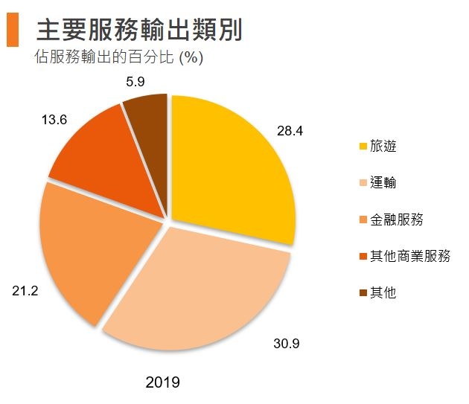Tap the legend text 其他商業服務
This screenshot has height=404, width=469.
[x=410, y=256]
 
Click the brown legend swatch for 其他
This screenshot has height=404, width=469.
[x=363, y=293]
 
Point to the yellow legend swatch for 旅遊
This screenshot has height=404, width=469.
[x=363, y=147]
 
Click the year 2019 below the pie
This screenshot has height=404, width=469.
[x=163, y=383]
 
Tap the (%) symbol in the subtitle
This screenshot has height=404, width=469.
[x=191, y=57]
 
